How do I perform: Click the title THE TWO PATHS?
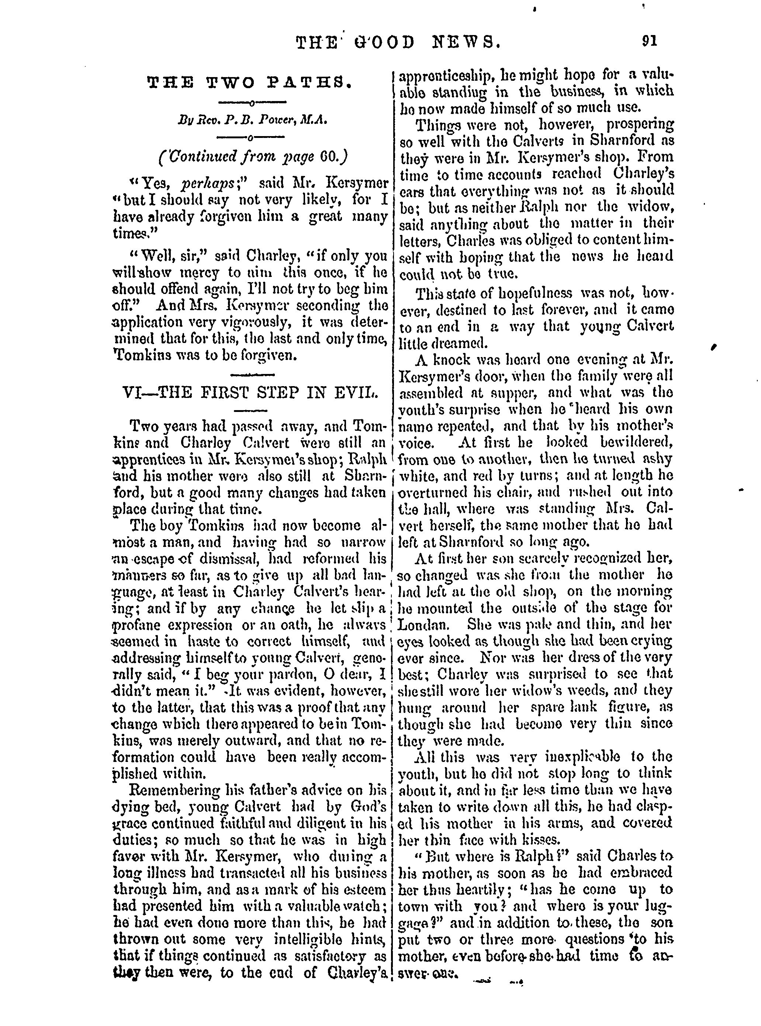click(x=250, y=83)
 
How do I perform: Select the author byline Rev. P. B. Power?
click(x=252, y=121)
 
